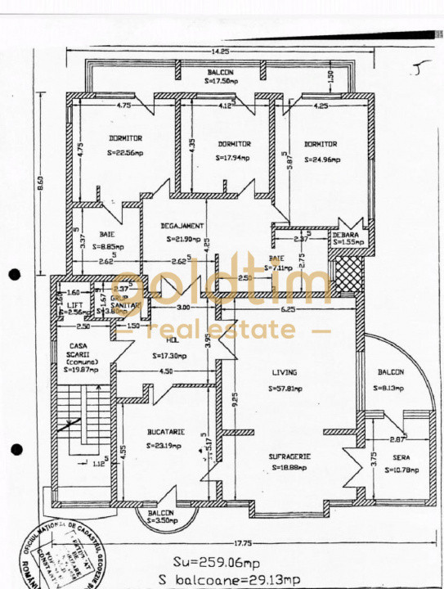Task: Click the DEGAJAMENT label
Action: click(182, 226)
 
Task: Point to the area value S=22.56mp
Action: click(125, 153)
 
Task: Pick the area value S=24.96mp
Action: click(321, 159)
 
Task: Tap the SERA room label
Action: click(400, 459)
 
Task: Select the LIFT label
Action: click(75, 303)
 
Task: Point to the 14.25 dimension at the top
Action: click(219, 52)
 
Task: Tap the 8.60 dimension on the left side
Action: click(41, 185)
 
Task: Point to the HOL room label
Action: click(172, 340)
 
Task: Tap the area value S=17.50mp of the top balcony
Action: click(221, 82)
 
